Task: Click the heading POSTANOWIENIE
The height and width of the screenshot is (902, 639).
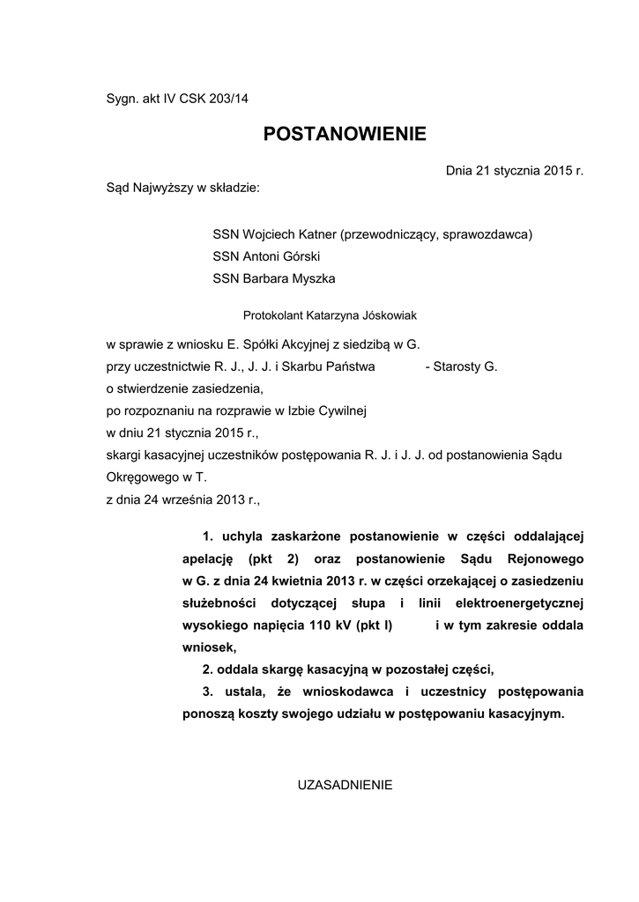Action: [x=345, y=134]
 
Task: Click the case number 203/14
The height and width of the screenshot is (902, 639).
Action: [x=228, y=99]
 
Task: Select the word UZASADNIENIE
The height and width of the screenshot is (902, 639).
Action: [x=345, y=784]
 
